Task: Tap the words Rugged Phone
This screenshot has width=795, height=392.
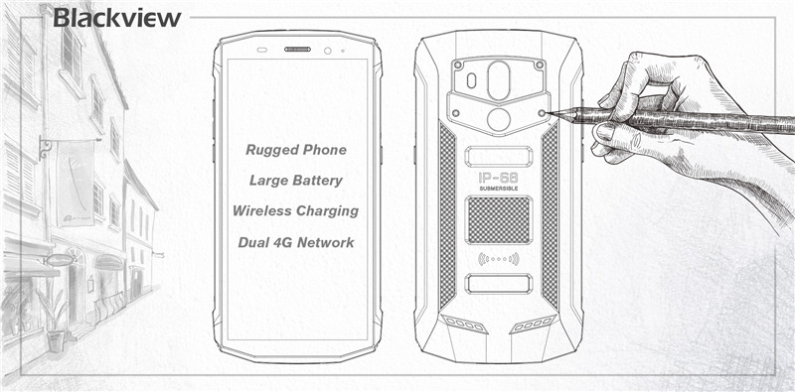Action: tap(297, 150)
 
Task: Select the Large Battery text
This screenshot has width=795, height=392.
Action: tap(296, 181)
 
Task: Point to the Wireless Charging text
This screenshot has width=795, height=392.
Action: tap(295, 211)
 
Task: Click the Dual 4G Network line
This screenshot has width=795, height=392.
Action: tap(295, 241)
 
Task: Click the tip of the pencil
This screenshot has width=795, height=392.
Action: tap(549, 110)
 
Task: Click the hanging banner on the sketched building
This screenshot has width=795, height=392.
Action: tap(76, 184)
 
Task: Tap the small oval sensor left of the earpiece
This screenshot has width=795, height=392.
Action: tap(262, 50)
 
